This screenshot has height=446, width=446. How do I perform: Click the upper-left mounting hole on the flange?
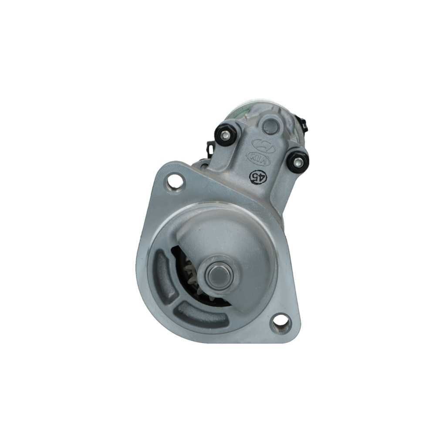[176, 181]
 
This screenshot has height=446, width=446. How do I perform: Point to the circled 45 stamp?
[257, 176]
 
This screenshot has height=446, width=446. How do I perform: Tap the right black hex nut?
[298, 162]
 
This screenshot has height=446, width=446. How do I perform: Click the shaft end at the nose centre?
[216, 275]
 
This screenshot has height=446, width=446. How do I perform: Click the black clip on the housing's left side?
[210, 150]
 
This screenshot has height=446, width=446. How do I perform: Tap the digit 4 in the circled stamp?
[260, 177]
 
